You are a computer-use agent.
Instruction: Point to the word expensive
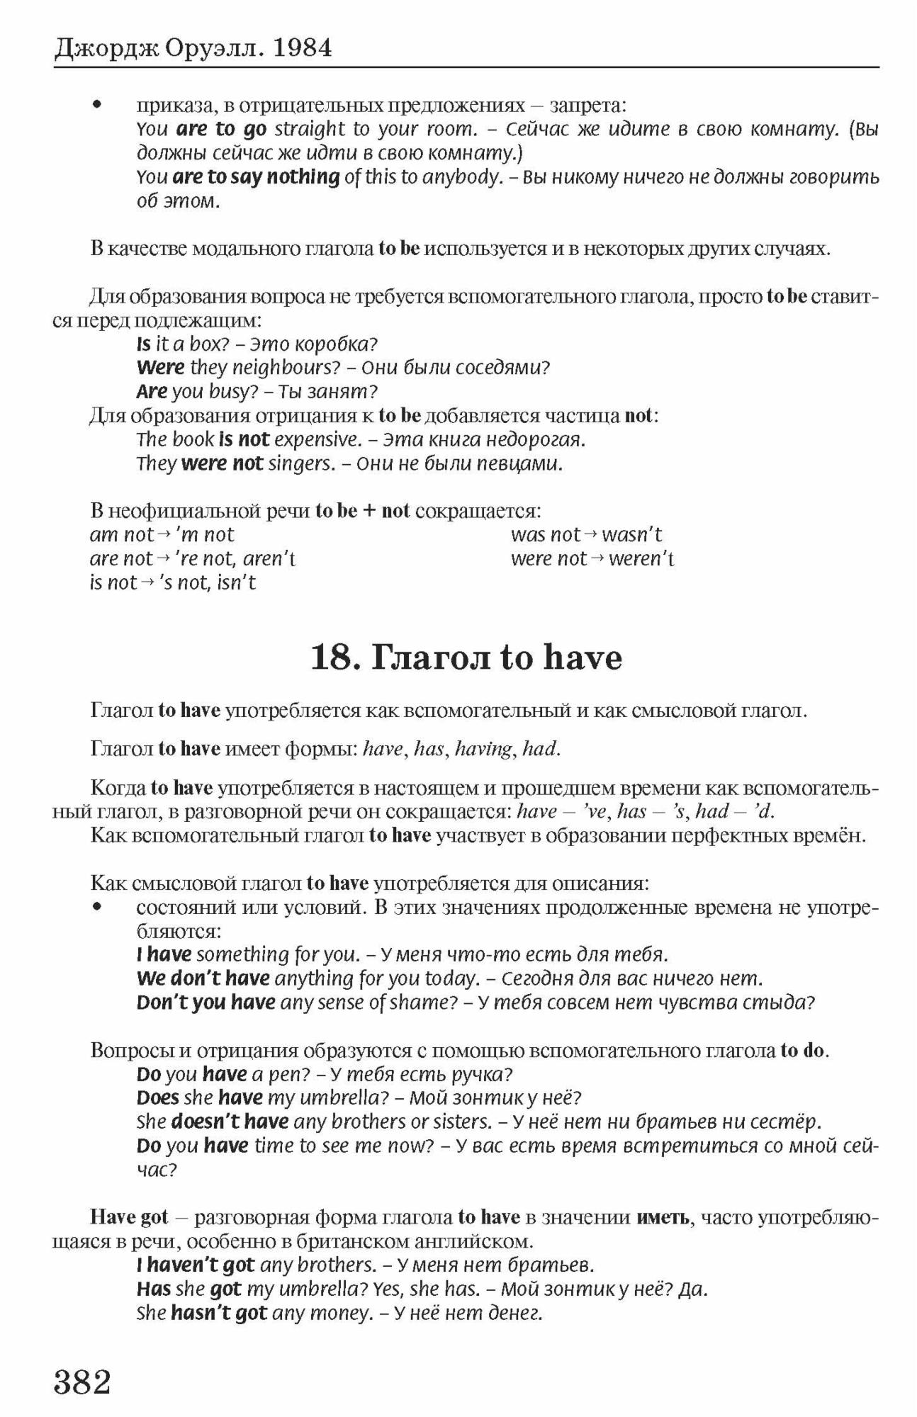(x=317, y=440)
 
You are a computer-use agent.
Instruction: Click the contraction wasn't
(x=632, y=535)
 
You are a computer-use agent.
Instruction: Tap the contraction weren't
(x=641, y=559)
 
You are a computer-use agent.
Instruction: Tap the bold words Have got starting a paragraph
(x=129, y=1218)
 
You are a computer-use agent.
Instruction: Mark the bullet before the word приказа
(x=98, y=106)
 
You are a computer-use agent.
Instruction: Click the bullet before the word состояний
(x=98, y=908)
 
